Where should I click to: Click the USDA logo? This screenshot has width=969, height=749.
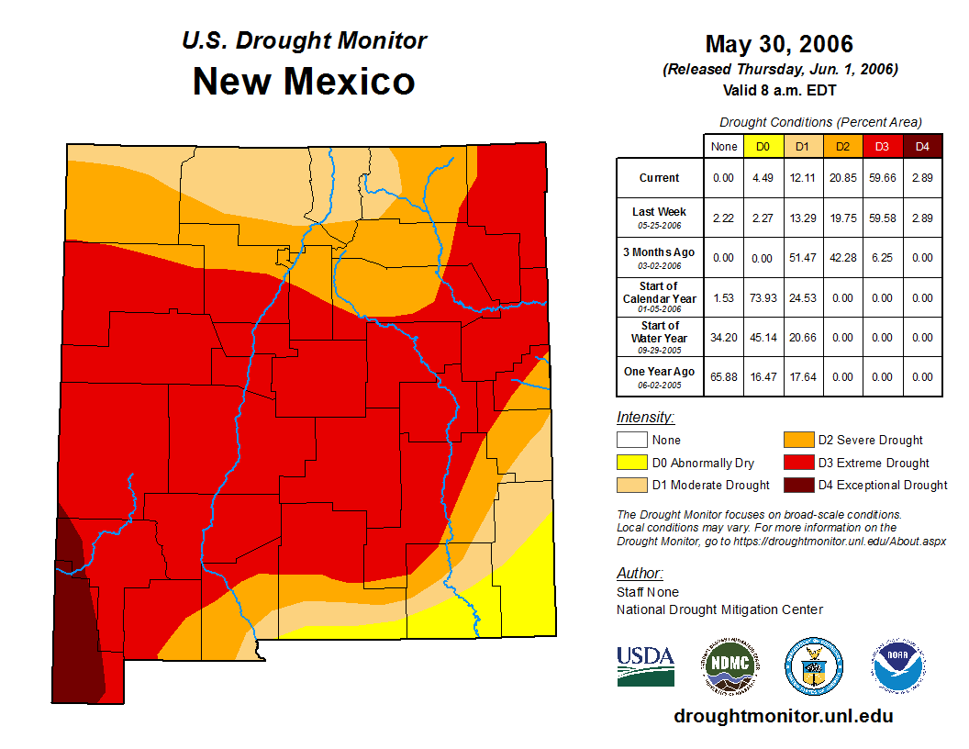[x=645, y=665]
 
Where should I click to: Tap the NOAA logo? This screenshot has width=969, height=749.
[x=898, y=665]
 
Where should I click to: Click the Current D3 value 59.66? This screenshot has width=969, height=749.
[x=882, y=178]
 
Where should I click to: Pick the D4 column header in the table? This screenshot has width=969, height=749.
[x=922, y=146]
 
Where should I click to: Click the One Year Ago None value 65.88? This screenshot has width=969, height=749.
[x=723, y=376]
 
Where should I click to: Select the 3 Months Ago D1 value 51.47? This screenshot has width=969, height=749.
[x=801, y=258]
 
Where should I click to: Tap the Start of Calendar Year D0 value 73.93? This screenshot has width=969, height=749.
[x=763, y=298]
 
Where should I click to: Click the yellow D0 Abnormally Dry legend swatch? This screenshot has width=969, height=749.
[x=631, y=463]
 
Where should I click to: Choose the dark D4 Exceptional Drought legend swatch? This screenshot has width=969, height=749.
[x=797, y=485]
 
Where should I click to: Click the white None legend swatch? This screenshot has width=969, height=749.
[x=631, y=441]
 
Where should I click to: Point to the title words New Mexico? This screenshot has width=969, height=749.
[x=304, y=82]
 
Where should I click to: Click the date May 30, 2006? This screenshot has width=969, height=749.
[x=779, y=44]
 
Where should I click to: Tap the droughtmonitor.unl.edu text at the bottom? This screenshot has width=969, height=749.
[x=783, y=715]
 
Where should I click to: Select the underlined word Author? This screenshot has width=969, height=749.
[x=640, y=574]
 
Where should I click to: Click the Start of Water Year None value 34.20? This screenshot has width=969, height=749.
[x=723, y=337]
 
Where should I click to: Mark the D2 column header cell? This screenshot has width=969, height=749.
[x=842, y=146]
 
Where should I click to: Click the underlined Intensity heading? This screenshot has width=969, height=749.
[x=645, y=418]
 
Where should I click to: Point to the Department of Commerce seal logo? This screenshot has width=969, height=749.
[x=813, y=665]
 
